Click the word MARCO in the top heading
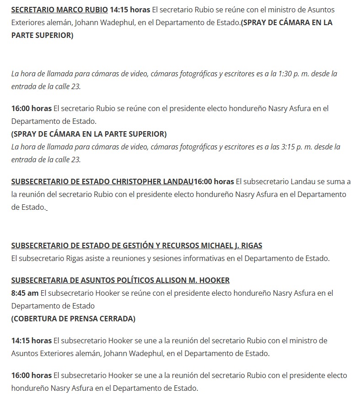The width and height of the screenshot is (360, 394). (x=69, y=10)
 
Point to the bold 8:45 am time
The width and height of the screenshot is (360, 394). (x=25, y=293)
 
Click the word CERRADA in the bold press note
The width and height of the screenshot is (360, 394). (x=116, y=319)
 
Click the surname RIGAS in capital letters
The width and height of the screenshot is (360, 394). (x=251, y=245)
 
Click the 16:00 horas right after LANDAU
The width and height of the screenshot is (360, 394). (x=214, y=181)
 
